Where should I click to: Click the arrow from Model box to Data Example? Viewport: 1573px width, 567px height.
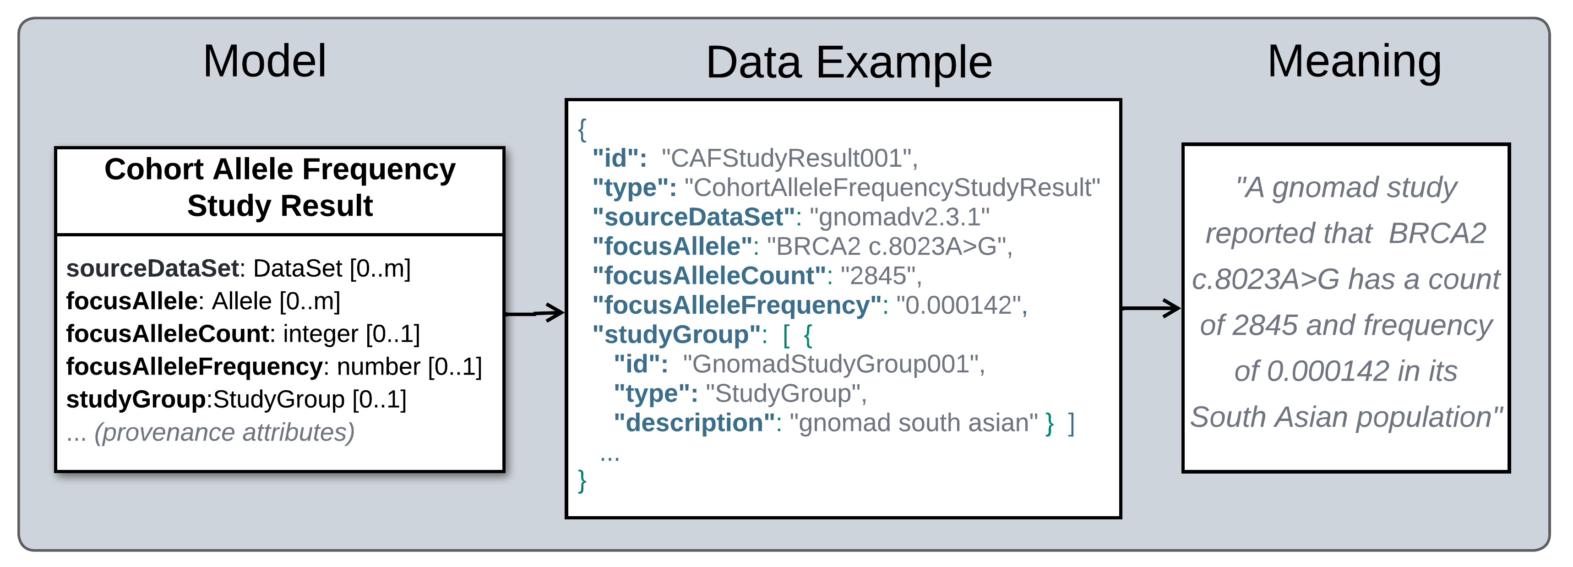coord(535,313)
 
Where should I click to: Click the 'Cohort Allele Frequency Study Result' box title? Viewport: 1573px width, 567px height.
coord(280,187)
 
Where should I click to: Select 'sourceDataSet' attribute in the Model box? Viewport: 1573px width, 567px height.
coord(152,268)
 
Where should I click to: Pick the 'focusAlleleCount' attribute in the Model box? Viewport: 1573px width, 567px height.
coord(167,333)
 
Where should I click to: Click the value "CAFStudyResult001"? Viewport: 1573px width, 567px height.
coord(787,158)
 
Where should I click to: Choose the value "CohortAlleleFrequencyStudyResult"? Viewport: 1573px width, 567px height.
coord(892,188)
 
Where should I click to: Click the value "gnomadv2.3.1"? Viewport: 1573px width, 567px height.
coord(899,217)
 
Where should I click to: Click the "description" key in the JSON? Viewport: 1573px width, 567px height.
coord(694,423)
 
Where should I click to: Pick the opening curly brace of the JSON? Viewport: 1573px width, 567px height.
coord(582,130)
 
